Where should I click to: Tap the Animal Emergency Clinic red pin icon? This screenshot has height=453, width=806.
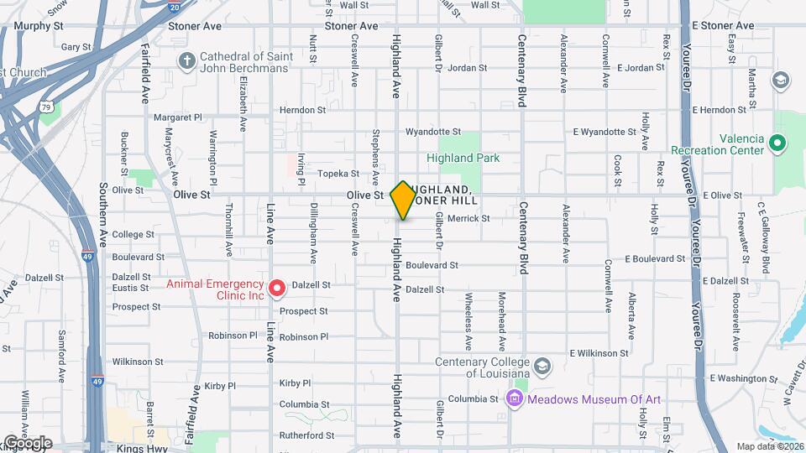point(277,289)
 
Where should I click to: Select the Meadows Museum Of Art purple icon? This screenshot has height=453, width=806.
point(514,398)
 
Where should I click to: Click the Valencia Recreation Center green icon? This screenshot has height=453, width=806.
point(778,143)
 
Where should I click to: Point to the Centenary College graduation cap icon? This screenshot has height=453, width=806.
point(542,367)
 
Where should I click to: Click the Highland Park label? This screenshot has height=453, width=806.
point(463,158)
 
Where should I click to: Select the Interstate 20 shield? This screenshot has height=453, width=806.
point(174,7)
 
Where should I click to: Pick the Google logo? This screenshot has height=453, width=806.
point(28,443)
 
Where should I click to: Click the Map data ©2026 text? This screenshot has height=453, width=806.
point(769,446)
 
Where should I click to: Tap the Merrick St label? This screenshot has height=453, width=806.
point(468,218)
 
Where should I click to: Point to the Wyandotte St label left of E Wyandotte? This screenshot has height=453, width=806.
point(433,132)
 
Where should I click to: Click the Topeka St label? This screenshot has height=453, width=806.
point(338,174)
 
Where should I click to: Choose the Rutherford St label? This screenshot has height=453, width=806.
point(306,435)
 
